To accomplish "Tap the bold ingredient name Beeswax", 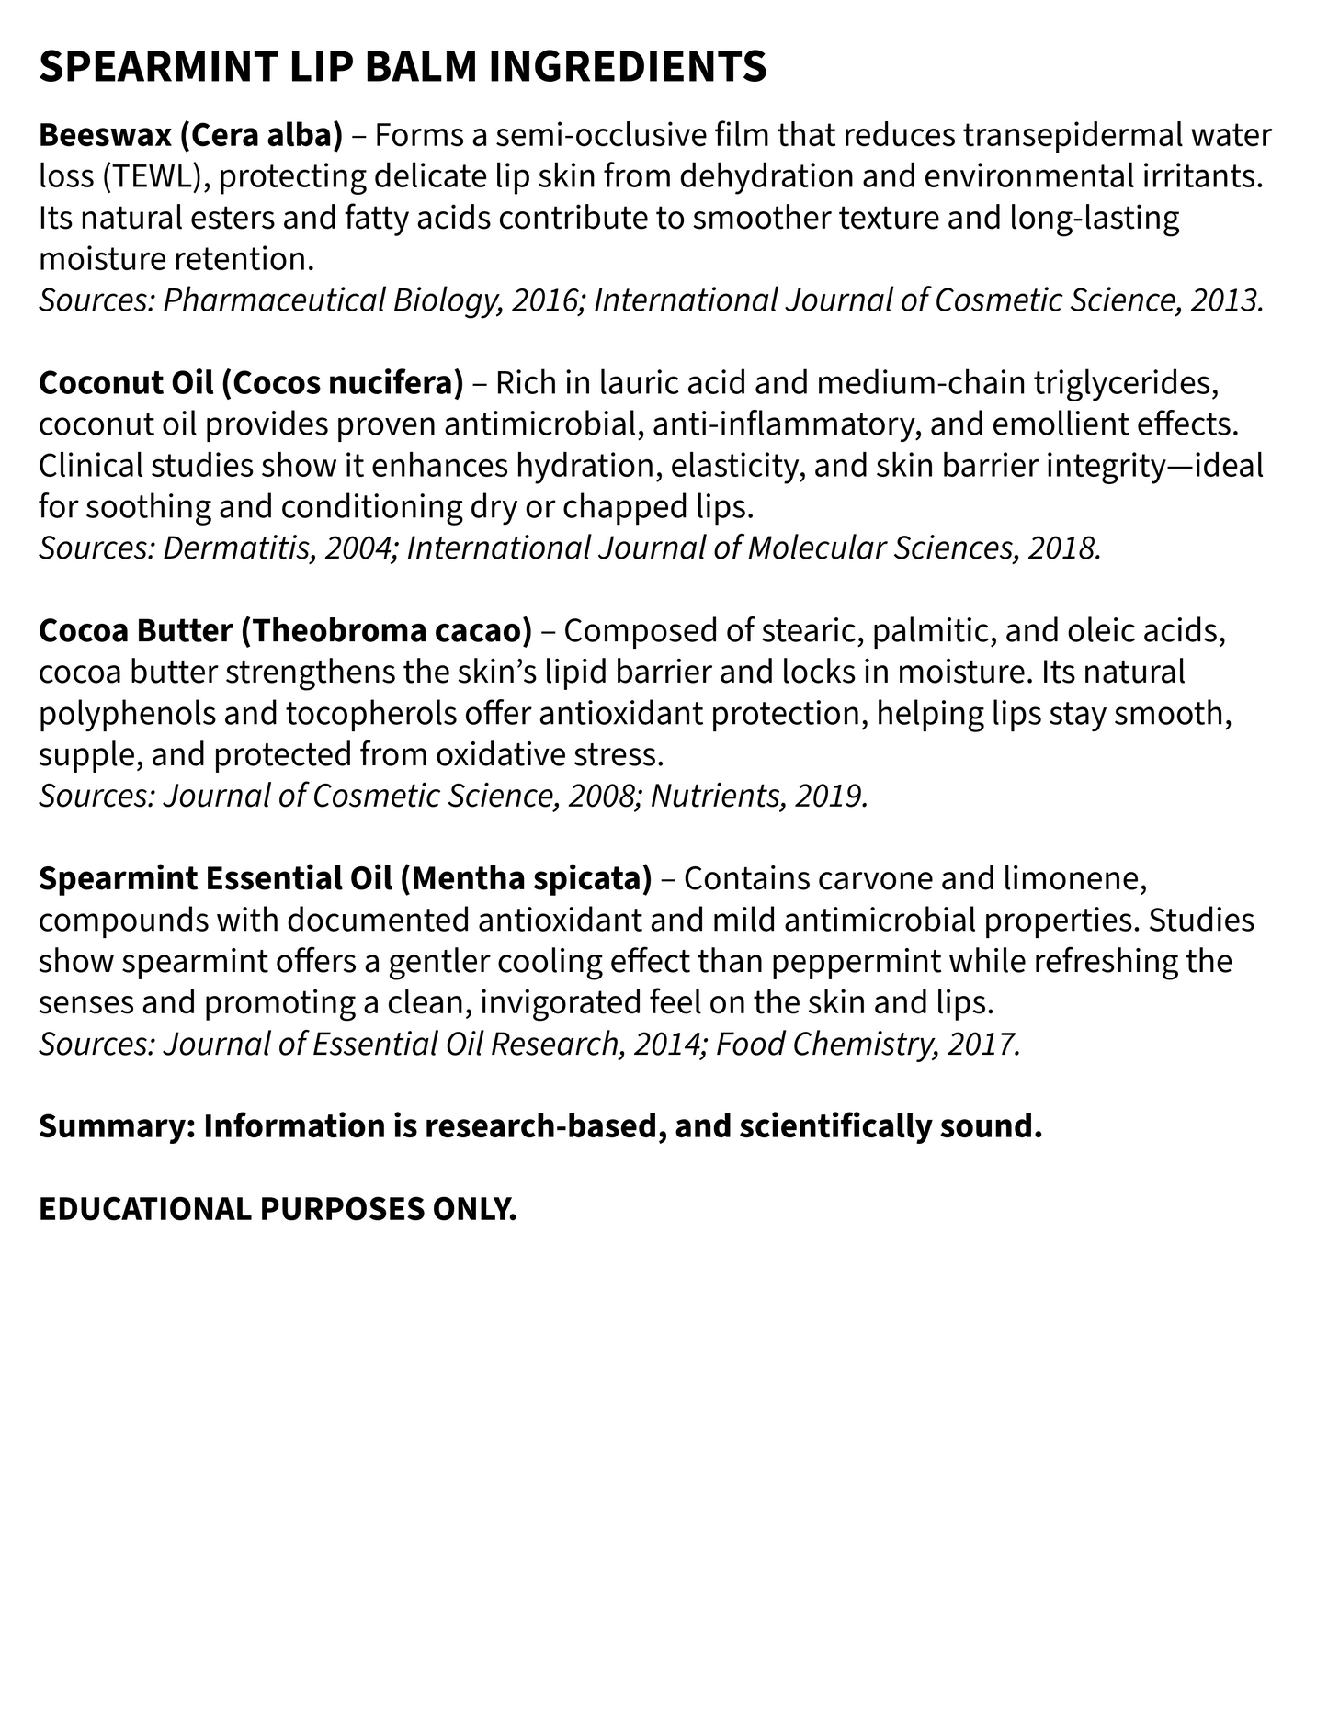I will coord(105,136).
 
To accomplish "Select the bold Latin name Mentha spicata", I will coord(527,879).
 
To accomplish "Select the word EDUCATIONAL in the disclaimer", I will coord(144,1210).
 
